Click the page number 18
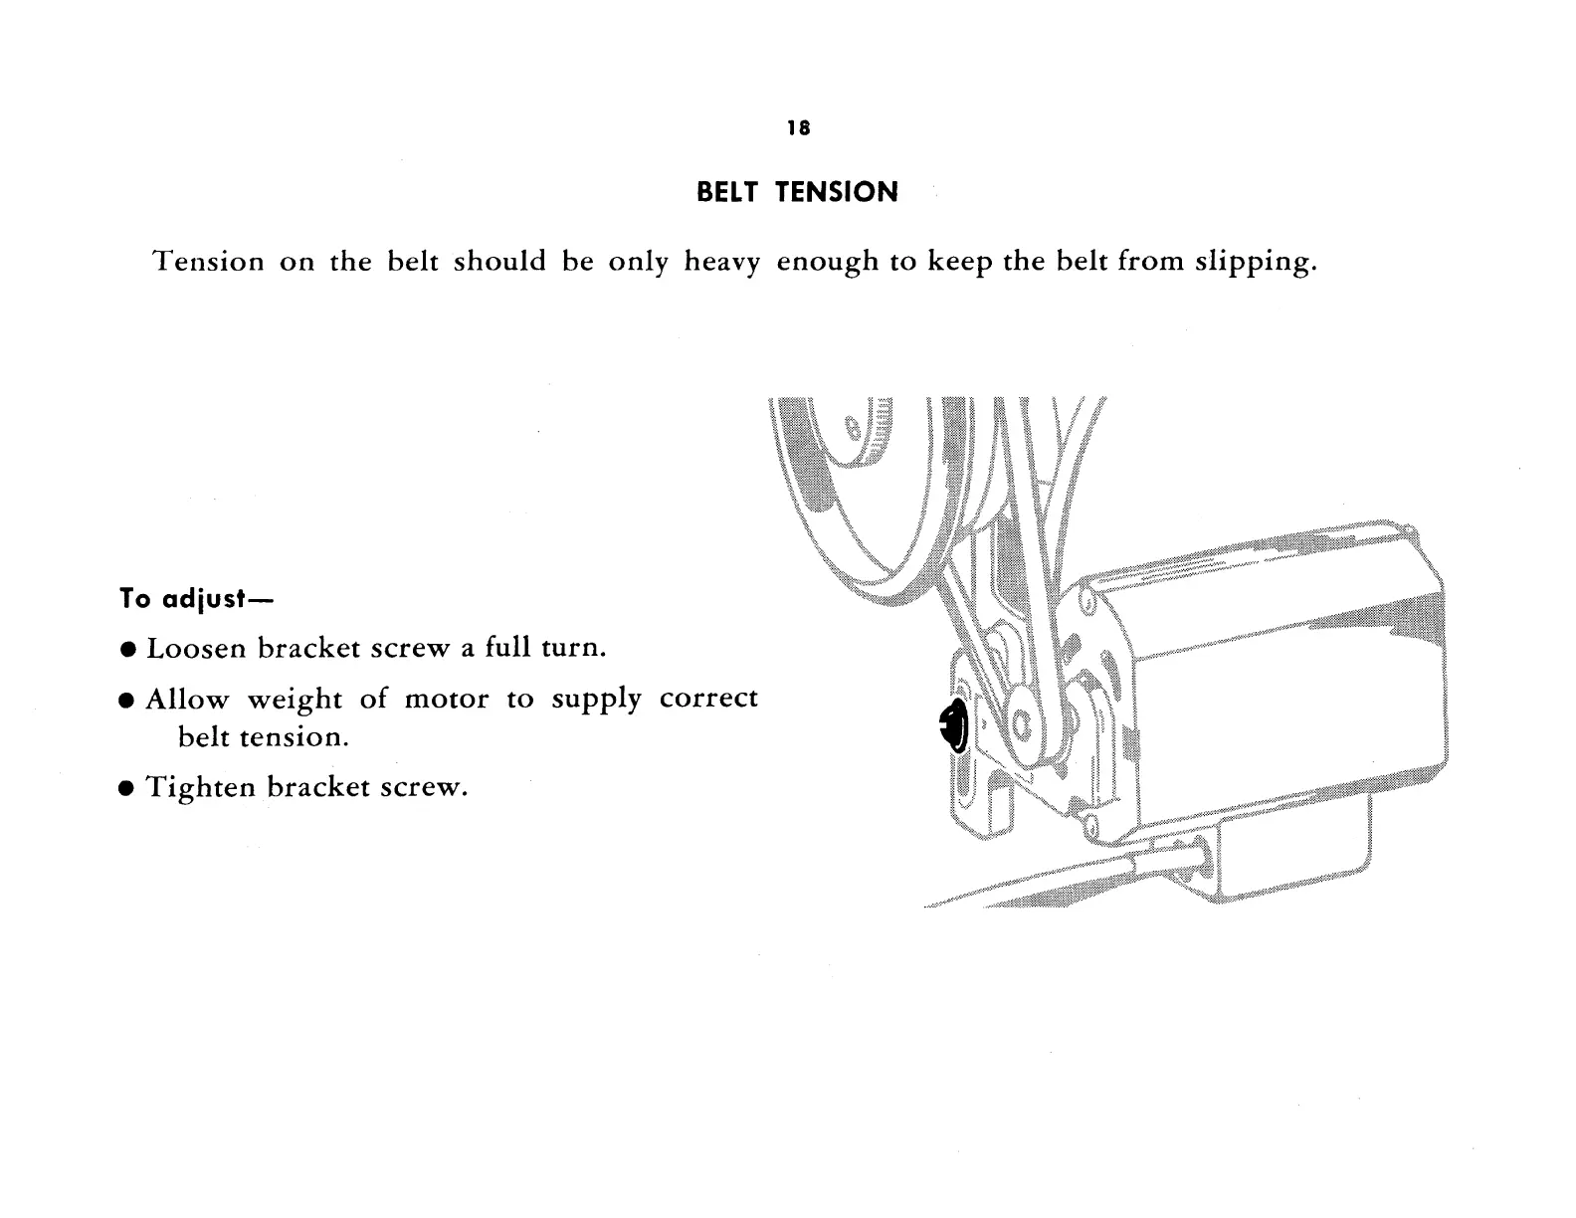click(x=798, y=128)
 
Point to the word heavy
click(x=722, y=263)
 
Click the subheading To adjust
click(x=196, y=599)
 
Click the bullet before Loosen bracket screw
click(x=127, y=650)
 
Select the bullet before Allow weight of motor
click(x=127, y=700)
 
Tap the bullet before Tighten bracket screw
click(x=127, y=789)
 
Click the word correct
click(x=708, y=699)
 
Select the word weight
click(x=294, y=700)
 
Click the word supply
click(x=596, y=700)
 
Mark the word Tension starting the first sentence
click(x=209, y=262)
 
